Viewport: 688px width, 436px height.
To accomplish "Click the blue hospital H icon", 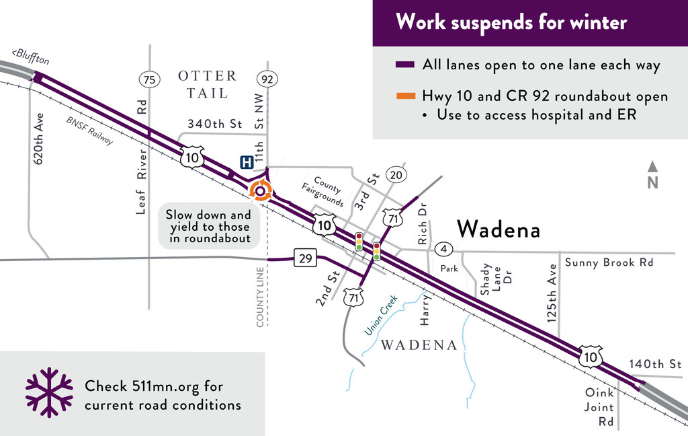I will coord(247,162).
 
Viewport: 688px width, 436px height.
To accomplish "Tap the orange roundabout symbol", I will coord(260,191).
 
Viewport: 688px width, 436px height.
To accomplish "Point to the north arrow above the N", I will coord(652,166).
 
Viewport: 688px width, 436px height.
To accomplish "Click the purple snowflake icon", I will coord(49,392).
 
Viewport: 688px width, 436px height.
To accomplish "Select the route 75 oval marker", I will coord(149,80).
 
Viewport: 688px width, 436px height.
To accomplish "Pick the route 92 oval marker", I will coord(267,80).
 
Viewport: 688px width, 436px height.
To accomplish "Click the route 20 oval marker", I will coord(396,176).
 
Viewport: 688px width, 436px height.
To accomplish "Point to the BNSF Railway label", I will coord(90,131).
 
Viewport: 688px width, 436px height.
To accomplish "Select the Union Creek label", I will coord(381,315).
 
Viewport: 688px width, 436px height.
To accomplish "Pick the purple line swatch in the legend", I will coord(406,65).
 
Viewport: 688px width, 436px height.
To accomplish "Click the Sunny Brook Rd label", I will coord(609,262).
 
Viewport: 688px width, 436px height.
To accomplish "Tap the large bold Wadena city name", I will coord(499,230).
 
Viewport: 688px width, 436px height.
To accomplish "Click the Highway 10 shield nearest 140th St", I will coord(591,356).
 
